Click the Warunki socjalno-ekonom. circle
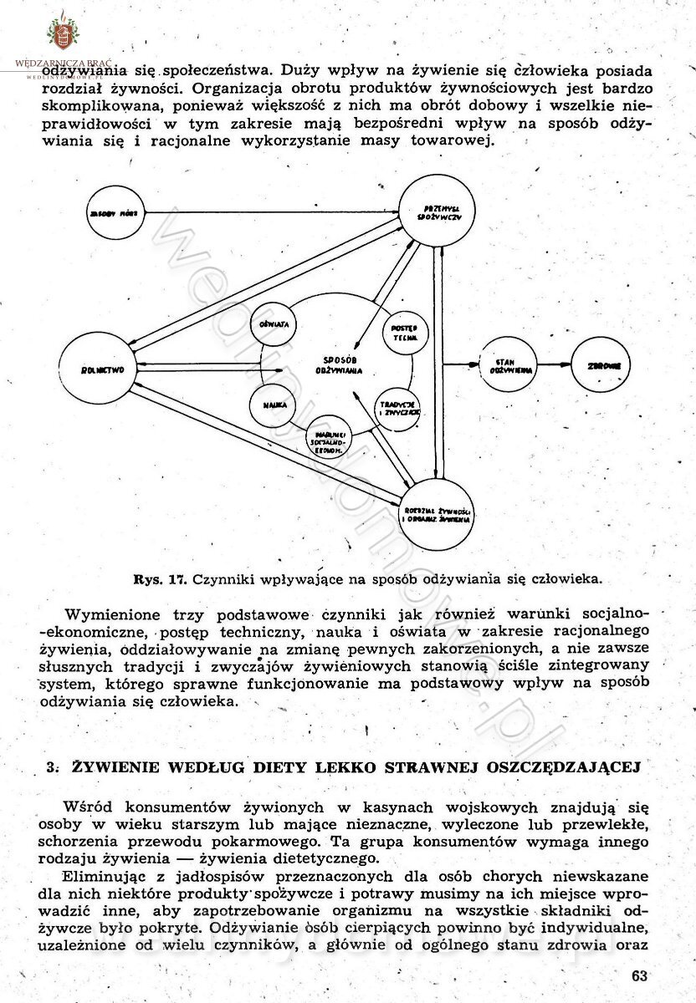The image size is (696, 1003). click(x=329, y=439)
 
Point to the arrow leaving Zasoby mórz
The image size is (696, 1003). click(x=268, y=212)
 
